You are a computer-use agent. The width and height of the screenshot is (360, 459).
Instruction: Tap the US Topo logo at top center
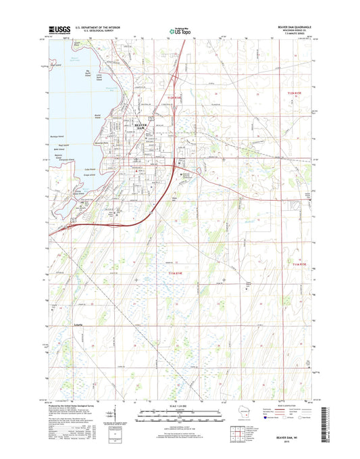click(180, 30)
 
